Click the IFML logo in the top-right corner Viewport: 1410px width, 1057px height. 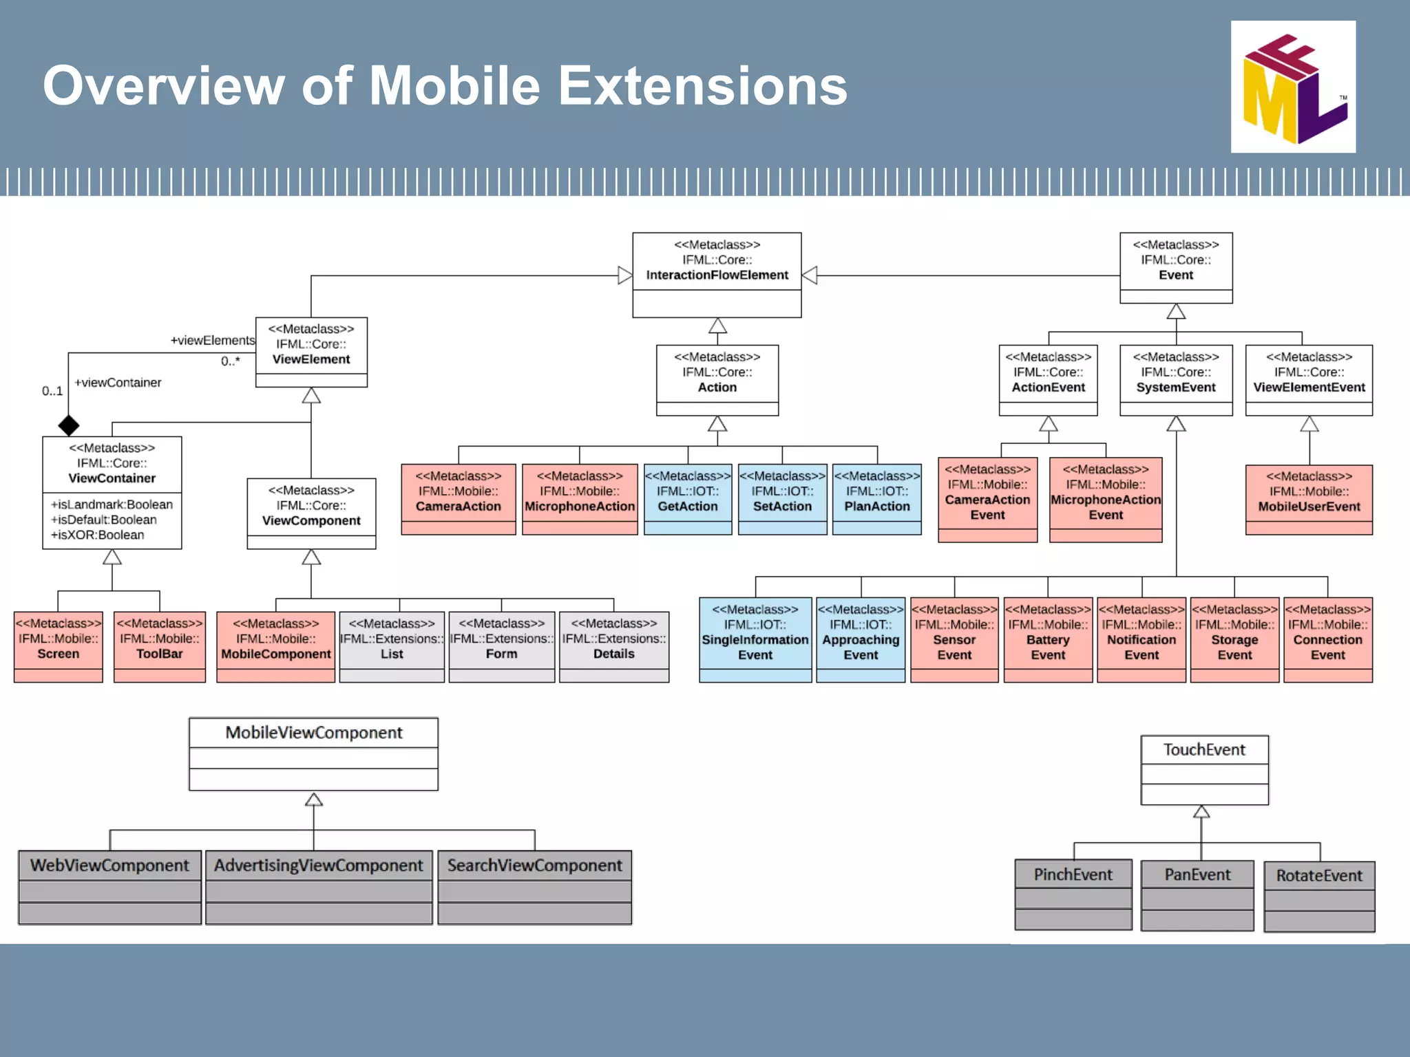pyautogui.click(x=1293, y=87)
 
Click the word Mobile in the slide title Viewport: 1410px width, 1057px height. pyautogui.click(x=455, y=86)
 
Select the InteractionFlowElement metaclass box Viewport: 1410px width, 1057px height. pyautogui.click(x=717, y=275)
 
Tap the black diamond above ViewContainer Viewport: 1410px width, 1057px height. pyautogui.click(x=68, y=425)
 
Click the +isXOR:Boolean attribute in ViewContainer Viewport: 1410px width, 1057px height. pyautogui.click(x=97, y=535)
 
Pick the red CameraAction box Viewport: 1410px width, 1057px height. pyautogui.click(x=459, y=499)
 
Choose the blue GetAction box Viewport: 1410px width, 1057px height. pyautogui.click(x=687, y=499)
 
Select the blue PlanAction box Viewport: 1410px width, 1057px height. pyautogui.click(x=876, y=499)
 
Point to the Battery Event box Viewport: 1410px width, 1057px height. pyautogui.click(x=1048, y=639)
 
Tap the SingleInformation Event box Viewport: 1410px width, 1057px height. pyautogui.click(x=755, y=639)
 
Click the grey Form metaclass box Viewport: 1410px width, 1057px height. pyautogui.click(x=501, y=646)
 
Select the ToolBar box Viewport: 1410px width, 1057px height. pyautogui.click(x=160, y=646)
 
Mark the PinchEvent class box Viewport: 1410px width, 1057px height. pyautogui.click(x=1073, y=893)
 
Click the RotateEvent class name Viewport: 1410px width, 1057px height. pyautogui.click(x=1319, y=875)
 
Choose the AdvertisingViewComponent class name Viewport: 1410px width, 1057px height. pyautogui.click(x=319, y=865)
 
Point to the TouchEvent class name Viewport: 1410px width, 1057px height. pyautogui.click(x=1204, y=749)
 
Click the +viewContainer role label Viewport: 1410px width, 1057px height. pyautogui.click(x=118, y=383)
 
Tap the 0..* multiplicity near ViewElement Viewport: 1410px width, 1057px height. pyautogui.click(x=231, y=361)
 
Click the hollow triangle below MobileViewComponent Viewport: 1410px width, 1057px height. pyautogui.click(x=314, y=799)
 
